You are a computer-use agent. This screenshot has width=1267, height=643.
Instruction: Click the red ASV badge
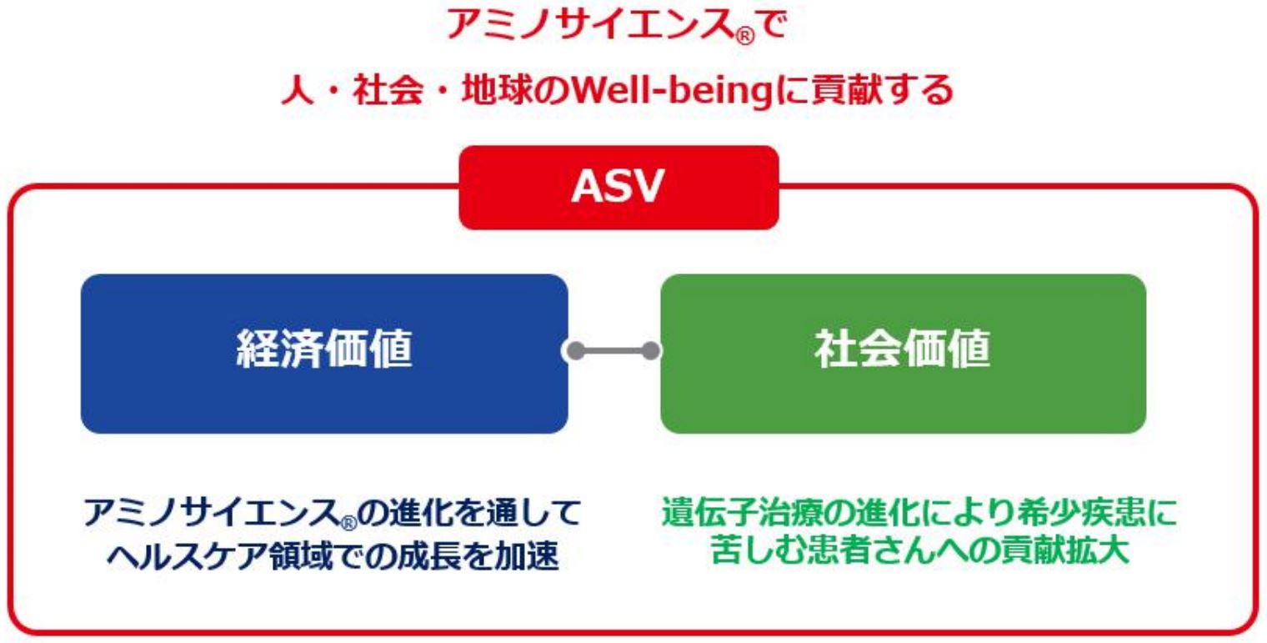point(618,188)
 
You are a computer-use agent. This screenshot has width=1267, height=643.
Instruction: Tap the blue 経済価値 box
point(324,354)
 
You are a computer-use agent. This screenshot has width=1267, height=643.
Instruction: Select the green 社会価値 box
point(904,354)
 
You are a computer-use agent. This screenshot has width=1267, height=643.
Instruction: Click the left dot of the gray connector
point(575,351)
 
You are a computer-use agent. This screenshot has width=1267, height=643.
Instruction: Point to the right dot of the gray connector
point(651,351)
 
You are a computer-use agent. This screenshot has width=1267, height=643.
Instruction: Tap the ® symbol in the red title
point(745,36)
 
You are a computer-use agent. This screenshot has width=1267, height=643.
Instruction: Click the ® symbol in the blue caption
point(348,522)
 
